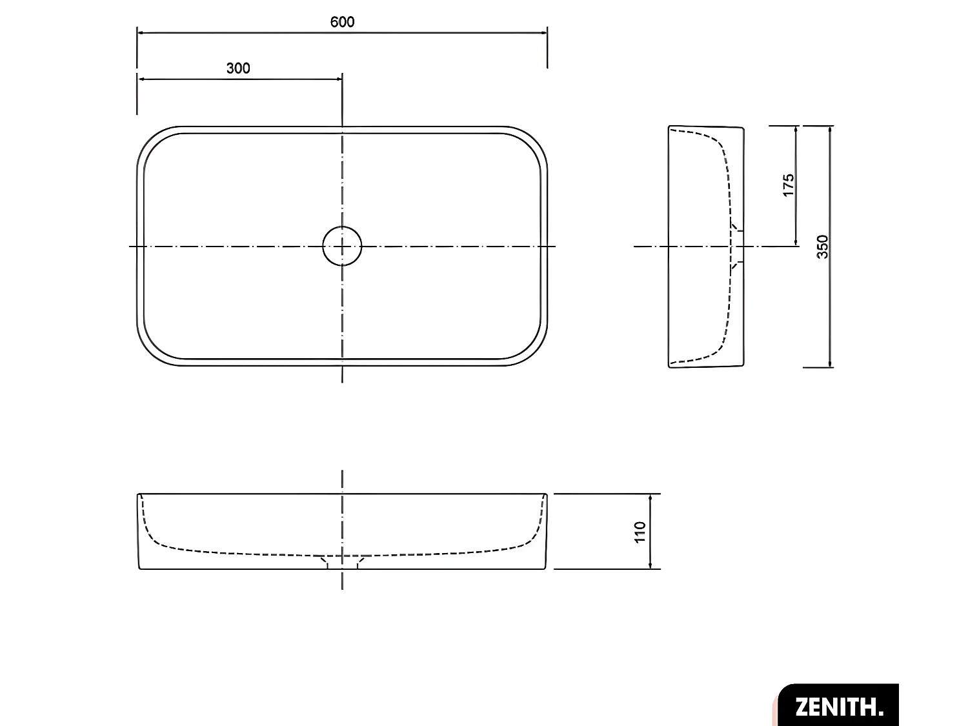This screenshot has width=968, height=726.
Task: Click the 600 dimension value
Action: [342, 22]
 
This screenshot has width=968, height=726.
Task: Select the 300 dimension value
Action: [238, 68]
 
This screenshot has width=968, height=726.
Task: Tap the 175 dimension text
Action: [788, 185]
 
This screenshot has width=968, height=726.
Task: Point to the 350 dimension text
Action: [822, 247]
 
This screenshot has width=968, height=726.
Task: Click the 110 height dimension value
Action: [640, 532]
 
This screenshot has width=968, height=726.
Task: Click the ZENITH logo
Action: [838, 705]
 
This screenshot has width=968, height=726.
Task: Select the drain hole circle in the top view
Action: [342, 246]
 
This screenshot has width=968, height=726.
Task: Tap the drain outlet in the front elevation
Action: [342, 563]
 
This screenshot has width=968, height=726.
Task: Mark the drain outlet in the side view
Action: [737, 246]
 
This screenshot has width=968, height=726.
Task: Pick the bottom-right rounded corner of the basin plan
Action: [534, 354]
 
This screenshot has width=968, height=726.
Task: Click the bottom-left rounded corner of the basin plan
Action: [150, 354]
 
